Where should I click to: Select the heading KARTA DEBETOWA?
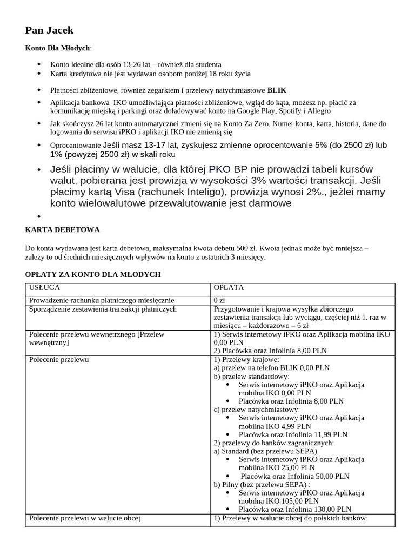point(62,230)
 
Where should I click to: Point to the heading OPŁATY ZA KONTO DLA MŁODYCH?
point(93,275)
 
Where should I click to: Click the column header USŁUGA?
point(44,288)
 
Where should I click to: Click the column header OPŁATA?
point(229,288)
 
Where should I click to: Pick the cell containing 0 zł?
point(219,300)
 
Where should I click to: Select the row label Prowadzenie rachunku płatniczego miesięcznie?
point(102,300)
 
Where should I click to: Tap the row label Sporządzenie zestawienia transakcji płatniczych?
point(103,309)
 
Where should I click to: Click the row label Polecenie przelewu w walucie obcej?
point(85,518)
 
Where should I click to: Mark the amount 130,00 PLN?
point(334,509)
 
